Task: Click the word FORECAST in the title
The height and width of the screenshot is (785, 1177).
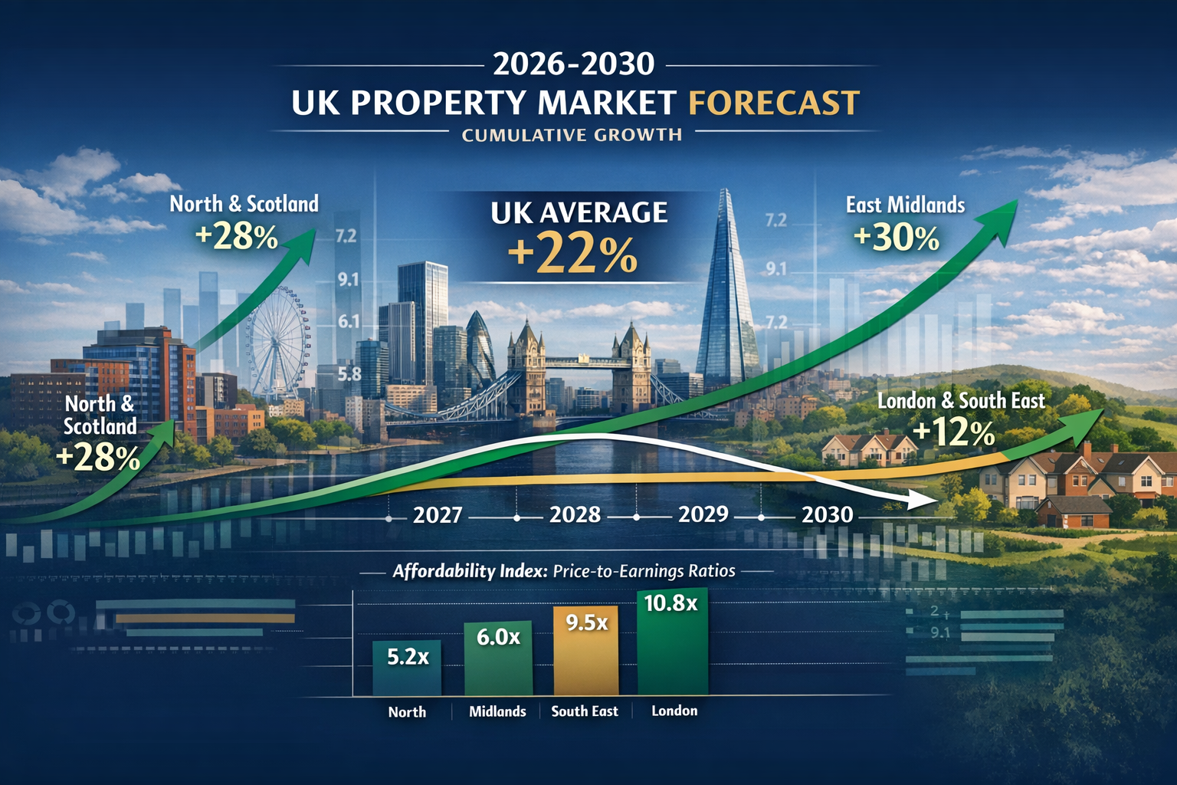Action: click(x=774, y=103)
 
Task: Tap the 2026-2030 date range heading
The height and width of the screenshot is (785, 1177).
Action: click(x=573, y=64)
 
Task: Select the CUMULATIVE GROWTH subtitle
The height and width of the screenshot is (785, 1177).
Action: click(x=572, y=135)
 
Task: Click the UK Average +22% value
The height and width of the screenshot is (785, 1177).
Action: click(x=572, y=255)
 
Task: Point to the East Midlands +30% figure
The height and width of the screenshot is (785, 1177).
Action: click(x=896, y=238)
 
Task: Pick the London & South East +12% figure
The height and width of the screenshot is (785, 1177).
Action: click(x=954, y=433)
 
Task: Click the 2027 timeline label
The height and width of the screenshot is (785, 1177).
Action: click(x=438, y=514)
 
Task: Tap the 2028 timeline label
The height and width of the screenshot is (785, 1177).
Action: click(x=575, y=514)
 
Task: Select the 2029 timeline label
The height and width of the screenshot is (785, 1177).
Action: click(x=703, y=514)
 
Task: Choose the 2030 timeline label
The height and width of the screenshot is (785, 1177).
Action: click(x=827, y=514)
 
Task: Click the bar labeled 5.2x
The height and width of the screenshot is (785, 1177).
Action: click(x=407, y=667)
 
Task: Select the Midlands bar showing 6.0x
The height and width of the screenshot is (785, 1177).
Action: click(x=498, y=658)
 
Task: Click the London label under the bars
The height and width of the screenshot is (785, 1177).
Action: click(x=674, y=711)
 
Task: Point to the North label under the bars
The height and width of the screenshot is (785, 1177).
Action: click(x=407, y=712)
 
